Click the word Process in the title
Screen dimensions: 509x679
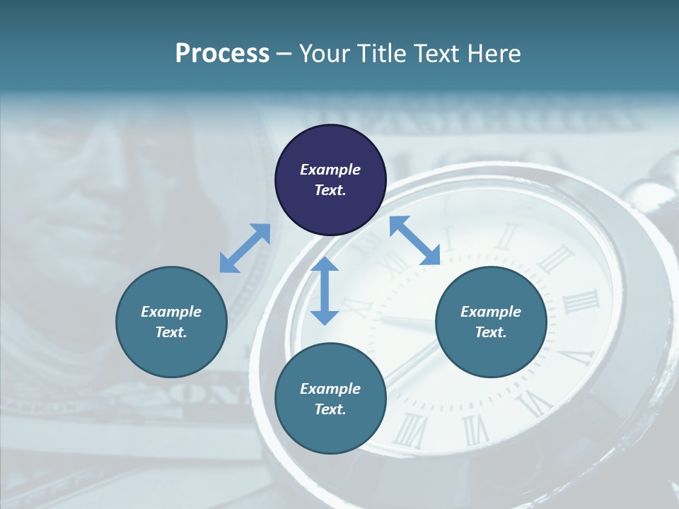[222, 54]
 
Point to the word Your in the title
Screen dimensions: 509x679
[326, 54]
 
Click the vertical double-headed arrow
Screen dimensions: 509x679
[325, 291]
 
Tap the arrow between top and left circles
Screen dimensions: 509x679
[245, 248]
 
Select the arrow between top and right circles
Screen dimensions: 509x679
[415, 240]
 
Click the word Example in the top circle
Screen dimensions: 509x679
[330, 170]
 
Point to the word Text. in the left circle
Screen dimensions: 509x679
[171, 332]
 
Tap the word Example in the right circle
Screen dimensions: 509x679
[491, 312]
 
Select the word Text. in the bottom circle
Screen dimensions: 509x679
[330, 409]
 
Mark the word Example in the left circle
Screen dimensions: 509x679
[171, 312]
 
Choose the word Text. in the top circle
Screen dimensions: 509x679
[330, 190]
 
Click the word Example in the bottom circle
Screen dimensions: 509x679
[330, 389]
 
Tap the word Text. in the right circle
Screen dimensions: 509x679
[491, 332]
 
